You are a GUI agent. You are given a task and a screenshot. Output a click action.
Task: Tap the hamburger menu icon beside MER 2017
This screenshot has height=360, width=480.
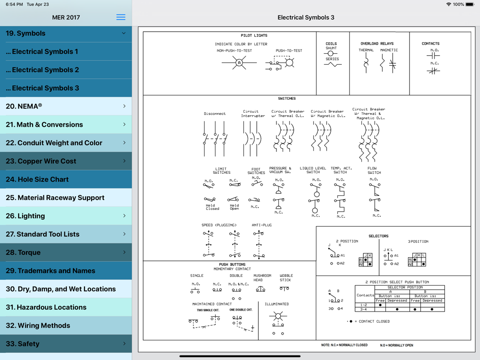click(x=121, y=17)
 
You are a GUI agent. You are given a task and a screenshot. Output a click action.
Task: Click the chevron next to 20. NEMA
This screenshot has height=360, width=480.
click(x=124, y=106)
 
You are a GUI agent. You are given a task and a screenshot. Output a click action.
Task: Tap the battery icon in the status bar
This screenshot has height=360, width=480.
click(x=470, y=4)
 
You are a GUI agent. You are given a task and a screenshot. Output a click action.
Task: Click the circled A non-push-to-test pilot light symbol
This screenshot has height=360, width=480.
click(x=239, y=63)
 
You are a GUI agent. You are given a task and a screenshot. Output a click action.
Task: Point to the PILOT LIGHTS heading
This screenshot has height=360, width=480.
click(x=254, y=36)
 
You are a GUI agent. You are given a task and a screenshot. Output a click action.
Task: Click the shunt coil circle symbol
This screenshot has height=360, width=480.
click(x=331, y=53)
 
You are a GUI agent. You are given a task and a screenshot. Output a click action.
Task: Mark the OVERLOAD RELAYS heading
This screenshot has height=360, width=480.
click(x=377, y=44)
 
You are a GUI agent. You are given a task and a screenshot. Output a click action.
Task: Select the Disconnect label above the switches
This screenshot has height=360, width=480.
click(x=215, y=114)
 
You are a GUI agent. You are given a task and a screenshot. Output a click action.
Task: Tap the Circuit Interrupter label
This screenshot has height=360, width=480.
click(x=253, y=114)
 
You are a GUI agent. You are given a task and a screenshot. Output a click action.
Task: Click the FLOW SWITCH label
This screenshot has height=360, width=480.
click(x=374, y=170)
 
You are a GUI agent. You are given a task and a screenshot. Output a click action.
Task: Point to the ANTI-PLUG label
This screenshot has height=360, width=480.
click(x=262, y=225)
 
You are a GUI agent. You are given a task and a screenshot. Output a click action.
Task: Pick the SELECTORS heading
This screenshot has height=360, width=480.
click(x=378, y=236)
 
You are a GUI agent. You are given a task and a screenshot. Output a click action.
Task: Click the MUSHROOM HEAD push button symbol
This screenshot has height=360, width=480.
click(x=261, y=289)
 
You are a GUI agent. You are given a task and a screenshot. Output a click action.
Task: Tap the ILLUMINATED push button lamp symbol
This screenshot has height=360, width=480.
click(x=277, y=316)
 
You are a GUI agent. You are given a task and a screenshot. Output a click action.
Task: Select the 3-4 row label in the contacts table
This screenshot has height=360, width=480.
click(x=364, y=310)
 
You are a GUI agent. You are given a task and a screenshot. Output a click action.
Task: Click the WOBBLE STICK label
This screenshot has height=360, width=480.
click(x=286, y=278)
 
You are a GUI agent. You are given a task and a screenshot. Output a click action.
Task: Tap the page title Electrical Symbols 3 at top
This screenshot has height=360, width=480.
click(x=306, y=17)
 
